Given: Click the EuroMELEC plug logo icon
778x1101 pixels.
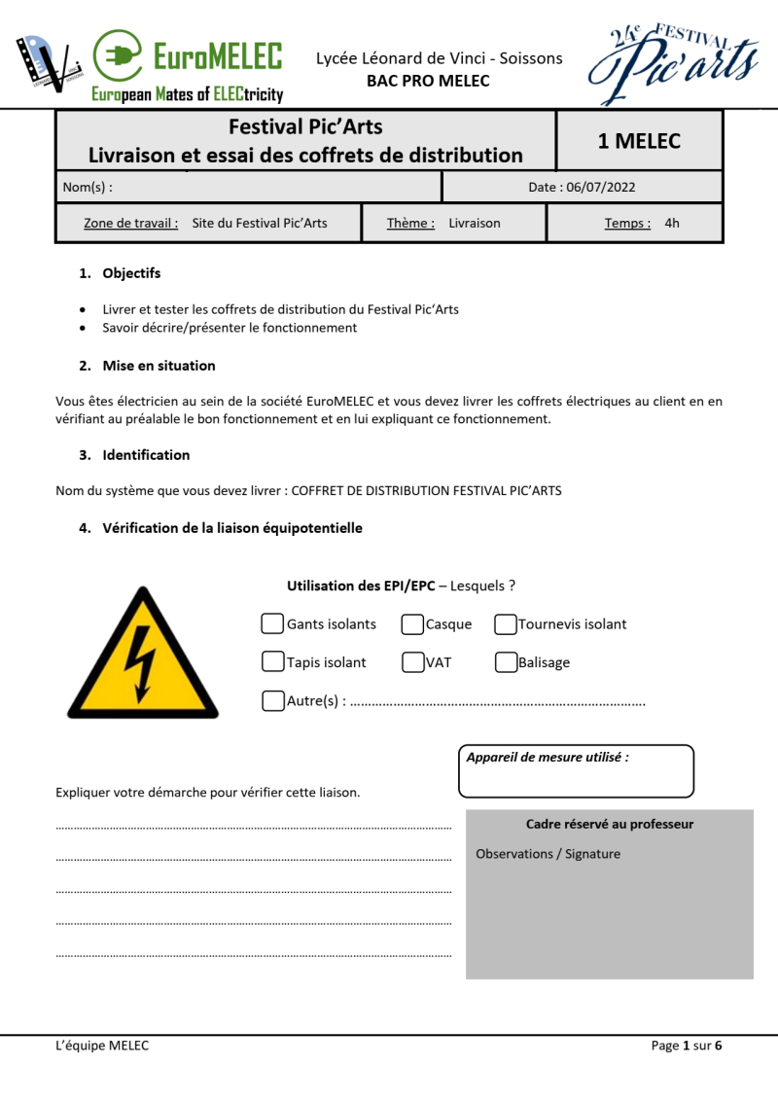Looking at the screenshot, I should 118,55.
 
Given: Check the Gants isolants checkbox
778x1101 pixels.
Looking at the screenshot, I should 273,623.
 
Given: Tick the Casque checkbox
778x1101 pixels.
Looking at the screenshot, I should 412,623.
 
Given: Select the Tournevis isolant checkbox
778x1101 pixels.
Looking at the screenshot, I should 506,623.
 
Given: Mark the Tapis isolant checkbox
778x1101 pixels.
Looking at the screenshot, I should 273,661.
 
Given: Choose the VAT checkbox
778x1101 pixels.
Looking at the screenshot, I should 412,662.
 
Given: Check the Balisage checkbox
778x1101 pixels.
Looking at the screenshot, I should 506,662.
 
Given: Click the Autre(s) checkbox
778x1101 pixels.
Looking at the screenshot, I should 273,700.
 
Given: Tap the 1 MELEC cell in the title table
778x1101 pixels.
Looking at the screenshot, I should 639,141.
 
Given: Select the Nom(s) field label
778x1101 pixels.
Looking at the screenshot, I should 88,187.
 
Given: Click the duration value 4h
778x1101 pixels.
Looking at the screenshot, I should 672,223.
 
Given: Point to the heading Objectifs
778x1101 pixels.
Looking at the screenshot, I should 131,273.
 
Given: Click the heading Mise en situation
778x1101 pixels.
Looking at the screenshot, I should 159,366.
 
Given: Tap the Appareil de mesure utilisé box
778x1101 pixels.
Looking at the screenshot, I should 576,771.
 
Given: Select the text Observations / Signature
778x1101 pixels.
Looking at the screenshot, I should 548,854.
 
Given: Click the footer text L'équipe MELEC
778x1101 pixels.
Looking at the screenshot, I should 102,1046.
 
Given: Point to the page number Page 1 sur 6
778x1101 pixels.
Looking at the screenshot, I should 687,1046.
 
